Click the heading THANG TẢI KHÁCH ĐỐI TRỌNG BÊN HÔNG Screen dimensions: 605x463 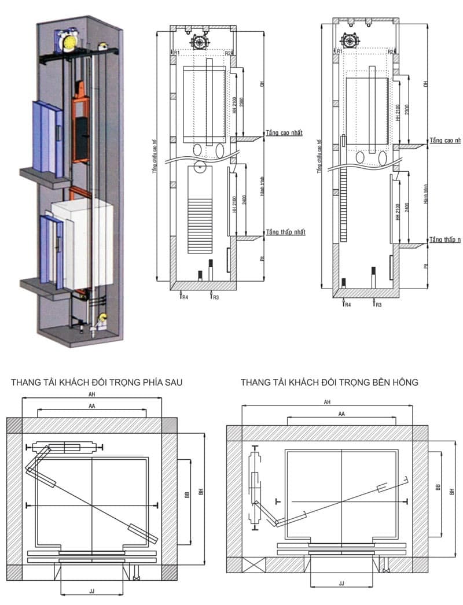(329, 382)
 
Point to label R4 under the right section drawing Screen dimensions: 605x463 (347, 304)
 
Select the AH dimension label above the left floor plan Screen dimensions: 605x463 (91, 394)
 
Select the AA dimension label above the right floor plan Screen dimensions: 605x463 (341, 414)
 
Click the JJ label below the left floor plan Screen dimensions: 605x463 (91, 592)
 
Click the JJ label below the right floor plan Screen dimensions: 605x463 (341, 584)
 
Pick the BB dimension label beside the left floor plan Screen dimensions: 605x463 (186, 496)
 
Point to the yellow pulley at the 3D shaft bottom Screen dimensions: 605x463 (104, 318)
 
